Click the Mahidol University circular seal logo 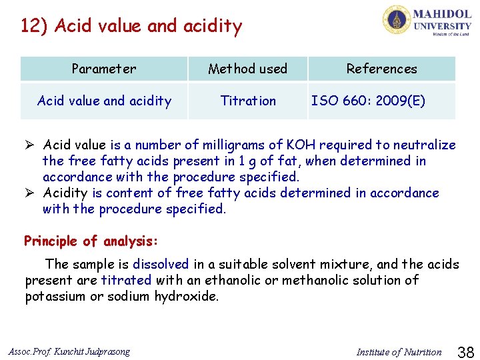[397, 19]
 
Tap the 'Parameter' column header [104, 69]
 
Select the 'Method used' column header [247, 69]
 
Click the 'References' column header [381, 69]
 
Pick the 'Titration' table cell [248, 101]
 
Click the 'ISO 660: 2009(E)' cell [368, 101]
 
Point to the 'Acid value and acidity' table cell [104, 101]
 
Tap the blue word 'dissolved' [161, 265]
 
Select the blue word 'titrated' [127, 281]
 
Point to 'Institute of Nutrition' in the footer [399, 352]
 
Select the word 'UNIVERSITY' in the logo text [443, 26]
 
